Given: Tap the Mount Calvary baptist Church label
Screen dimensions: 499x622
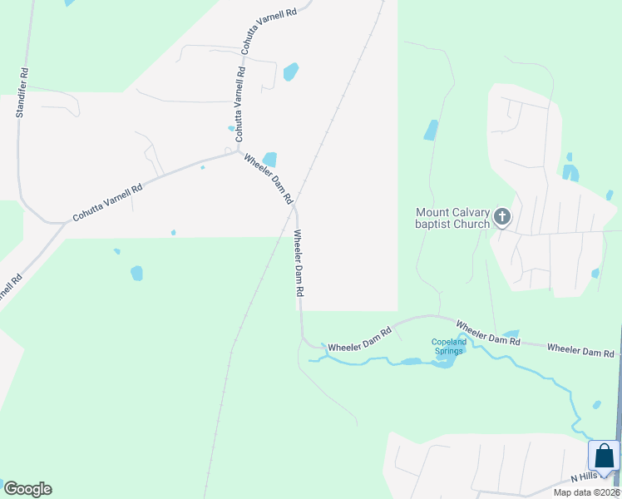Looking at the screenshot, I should coord(453,218).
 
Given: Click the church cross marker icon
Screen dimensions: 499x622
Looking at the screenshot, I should coord(501,217).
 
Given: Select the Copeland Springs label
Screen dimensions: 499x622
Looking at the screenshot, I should coord(447,346).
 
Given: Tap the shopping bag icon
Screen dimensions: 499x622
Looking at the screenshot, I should coord(604,456).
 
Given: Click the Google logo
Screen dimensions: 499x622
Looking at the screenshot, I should coord(27,489).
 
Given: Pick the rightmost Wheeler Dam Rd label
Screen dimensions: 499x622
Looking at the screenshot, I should coord(580,351).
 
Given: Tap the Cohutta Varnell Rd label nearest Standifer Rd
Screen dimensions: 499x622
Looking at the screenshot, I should coord(107,202).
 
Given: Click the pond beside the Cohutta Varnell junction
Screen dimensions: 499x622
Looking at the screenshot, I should coord(269,159).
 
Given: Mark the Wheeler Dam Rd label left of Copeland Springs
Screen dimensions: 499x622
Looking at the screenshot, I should coord(359,340).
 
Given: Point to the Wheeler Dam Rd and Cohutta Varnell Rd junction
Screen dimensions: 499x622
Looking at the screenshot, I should coord(239,151).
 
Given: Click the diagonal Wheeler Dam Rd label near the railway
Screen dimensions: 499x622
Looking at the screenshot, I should coord(269,177).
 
